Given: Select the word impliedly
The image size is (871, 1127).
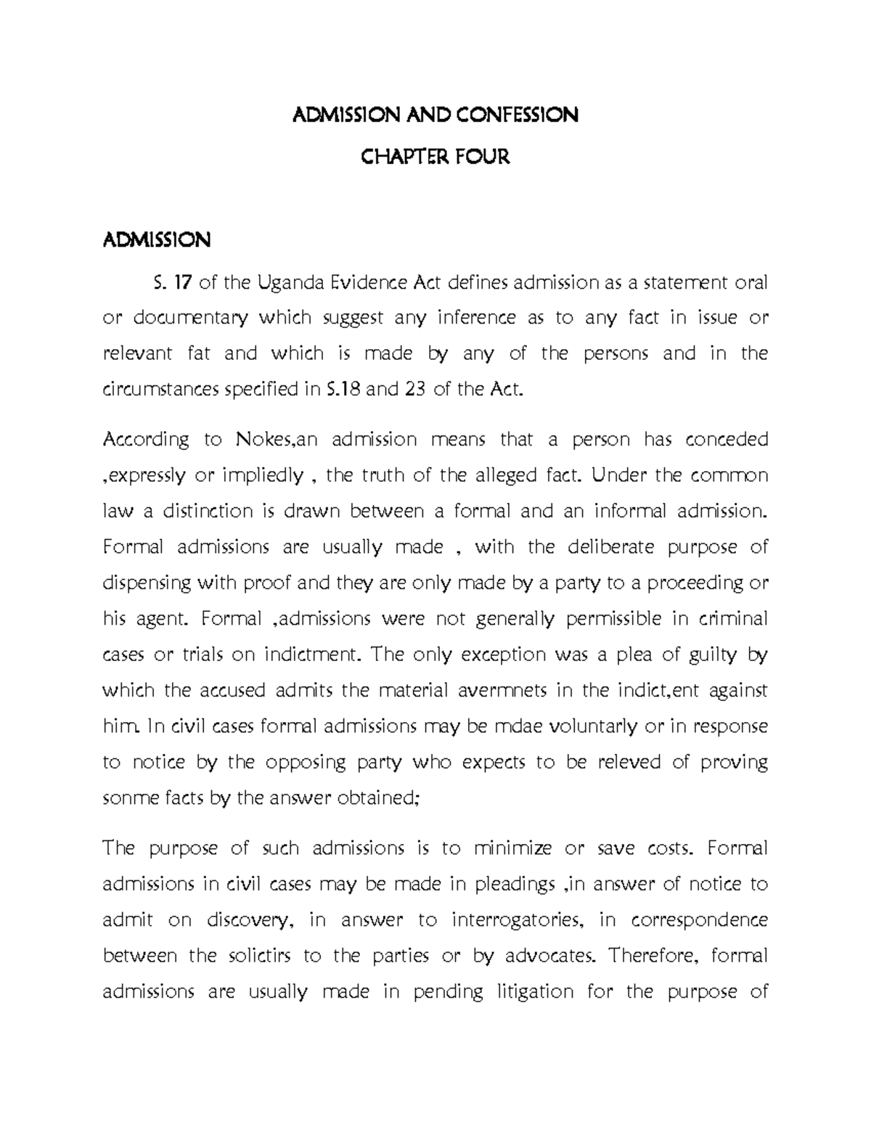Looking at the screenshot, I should click(x=263, y=476).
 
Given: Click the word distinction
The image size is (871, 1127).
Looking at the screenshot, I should click(x=203, y=512).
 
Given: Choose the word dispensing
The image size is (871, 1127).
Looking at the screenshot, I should click(x=147, y=583).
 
